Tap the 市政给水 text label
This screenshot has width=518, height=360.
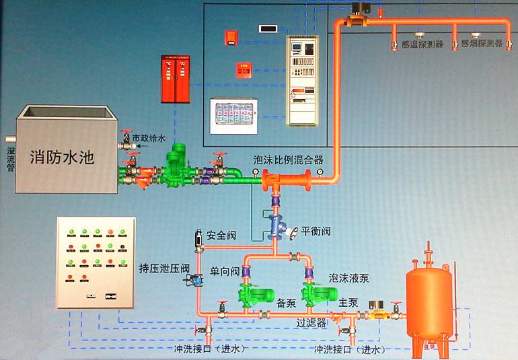click(x=147, y=139)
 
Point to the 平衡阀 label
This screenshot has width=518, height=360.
click(x=316, y=231)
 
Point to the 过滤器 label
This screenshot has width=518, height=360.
click(x=311, y=323)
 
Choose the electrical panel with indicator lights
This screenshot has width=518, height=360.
click(x=96, y=262)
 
